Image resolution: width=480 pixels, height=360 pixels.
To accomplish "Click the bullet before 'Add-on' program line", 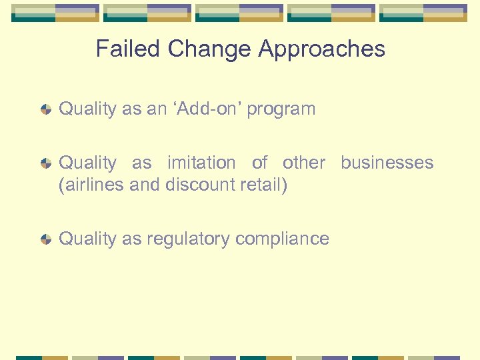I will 46,109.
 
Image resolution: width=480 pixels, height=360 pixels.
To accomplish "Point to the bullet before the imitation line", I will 46,163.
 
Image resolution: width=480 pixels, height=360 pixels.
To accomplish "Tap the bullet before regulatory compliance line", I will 46,239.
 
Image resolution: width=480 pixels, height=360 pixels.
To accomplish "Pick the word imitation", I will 201,163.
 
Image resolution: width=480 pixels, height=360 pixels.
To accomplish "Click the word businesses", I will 387,163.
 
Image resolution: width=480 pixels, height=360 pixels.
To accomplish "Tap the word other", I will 304,163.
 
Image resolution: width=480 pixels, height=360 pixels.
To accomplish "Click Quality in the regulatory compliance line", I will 88,239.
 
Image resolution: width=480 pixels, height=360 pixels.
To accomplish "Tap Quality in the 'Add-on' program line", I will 88,109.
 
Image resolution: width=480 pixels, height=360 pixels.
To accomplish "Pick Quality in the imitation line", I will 88,163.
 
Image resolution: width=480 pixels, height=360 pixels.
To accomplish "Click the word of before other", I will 259,163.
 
